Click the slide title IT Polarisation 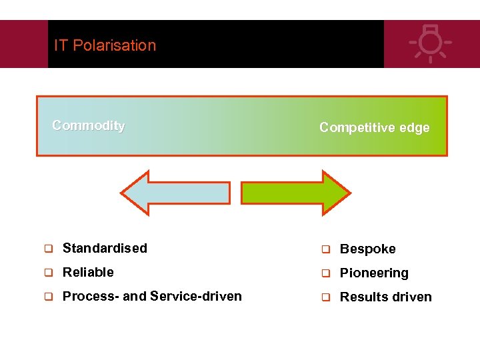tap(105, 45)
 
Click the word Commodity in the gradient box tap(88, 125)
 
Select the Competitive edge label tap(374, 127)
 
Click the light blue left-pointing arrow tap(175, 193)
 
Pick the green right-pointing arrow tap(295, 193)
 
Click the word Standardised tap(105, 248)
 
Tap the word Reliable tap(88, 272)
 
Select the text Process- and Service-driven tap(152, 296)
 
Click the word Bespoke tap(367, 249)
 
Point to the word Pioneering tap(374, 273)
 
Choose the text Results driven tap(385, 297)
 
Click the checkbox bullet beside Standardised tap(48, 249)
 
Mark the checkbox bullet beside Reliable tap(48, 273)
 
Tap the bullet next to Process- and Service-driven tap(48, 297)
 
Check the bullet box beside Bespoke tap(325, 250)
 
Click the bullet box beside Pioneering tap(325, 274)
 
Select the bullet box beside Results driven tap(325, 298)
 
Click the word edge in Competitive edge tap(415, 127)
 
